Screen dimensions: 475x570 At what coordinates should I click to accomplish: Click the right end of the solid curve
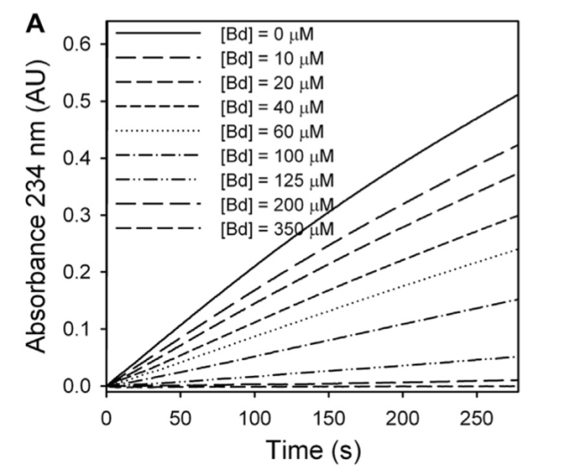[x=517, y=94]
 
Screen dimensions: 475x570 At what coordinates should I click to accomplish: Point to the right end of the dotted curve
[x=517, y=249]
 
